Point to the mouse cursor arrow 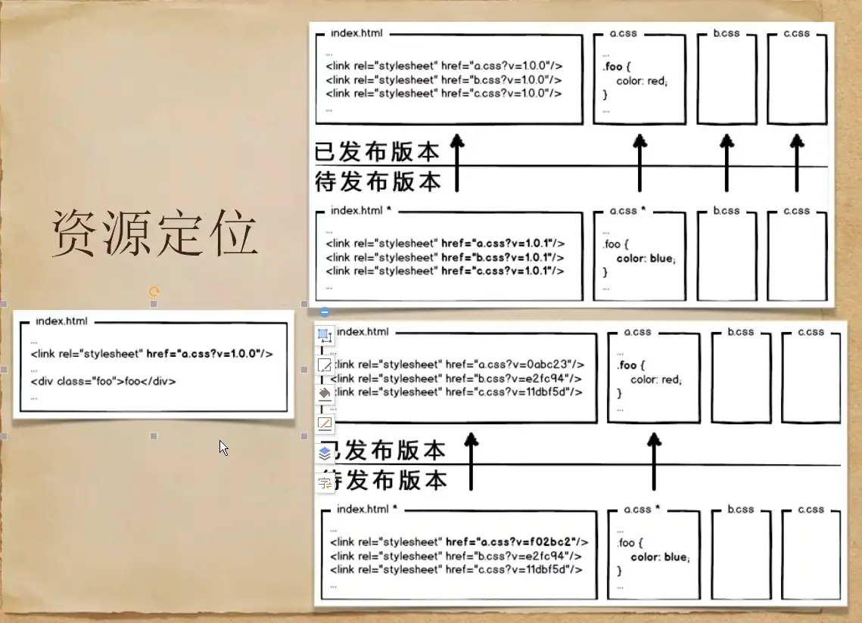pyautogui.click(x=223, y=447)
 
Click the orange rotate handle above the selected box pyautogui.click(x=154, y=291)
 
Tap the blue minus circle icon pyautogui.click(x=325, y=311)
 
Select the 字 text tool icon pyautogui.click(x=325, y=482)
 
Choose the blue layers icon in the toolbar pyautogui.click(x=325, y=453)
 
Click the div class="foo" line pyautogui.click(x=104, y=381)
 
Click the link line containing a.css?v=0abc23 pyautogui.click(x=458, y=364)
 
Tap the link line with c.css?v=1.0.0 pyautogui.click(x=444, y=93)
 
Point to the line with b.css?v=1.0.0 pyautogui.click(x=444, y=79)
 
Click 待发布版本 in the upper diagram pyautogui.click(x=378, y=181)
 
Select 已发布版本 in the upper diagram pyautogui.click(x=377, y=152)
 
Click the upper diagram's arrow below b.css pyautogui.click(x=727, y=163)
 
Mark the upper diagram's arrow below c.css pyautogui.click(x=796, y=163)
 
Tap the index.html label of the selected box pyautogui.click(x=61, y=321)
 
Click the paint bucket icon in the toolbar pyautogui.click(x=325, y=393)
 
